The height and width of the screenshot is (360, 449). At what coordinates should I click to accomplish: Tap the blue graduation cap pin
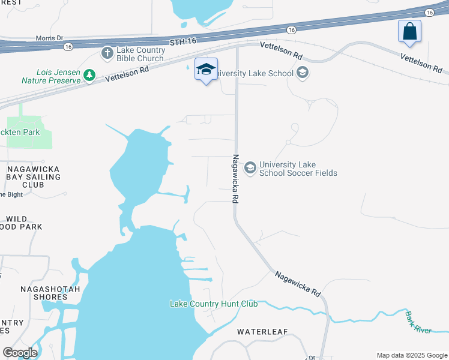[x=206, y=70]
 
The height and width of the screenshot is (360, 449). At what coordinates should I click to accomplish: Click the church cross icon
[x=107, y=54]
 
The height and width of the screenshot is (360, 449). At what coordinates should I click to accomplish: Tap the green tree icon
[x=89, y=75]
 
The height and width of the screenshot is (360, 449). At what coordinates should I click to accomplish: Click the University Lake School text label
[x=254, y=73]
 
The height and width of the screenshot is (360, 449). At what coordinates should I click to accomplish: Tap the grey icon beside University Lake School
[x=302, y=73]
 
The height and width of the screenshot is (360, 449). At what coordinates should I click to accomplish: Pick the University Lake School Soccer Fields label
[x=298, y=169]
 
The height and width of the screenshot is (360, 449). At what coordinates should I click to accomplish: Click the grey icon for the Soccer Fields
[x=250, y=169]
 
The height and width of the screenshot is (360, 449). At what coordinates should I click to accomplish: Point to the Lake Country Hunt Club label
[x=214, y=304]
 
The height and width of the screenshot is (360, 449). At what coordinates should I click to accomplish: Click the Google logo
[x=20, y=353]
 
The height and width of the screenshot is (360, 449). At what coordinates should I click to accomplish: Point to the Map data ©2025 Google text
[x=411, y=355]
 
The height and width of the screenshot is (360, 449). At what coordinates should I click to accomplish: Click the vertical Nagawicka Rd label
[x=236, y=178]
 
